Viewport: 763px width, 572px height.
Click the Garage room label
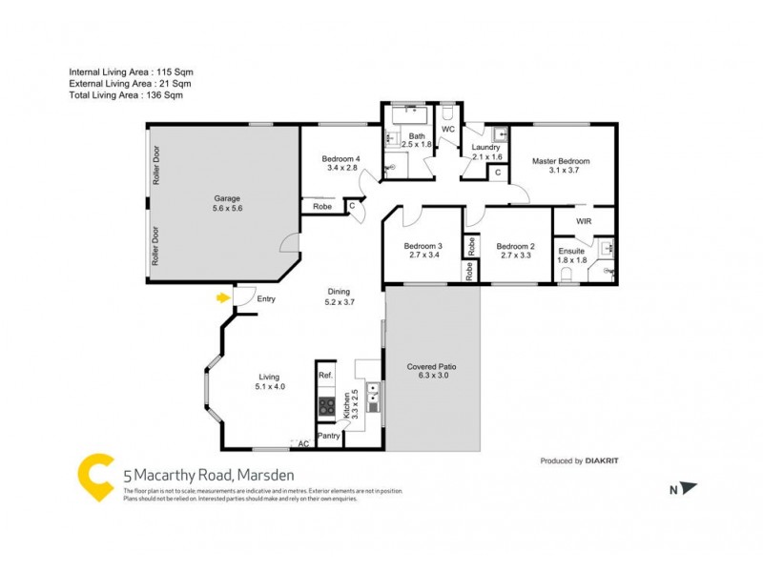[226, 199]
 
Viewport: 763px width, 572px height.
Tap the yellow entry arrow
[223, 298]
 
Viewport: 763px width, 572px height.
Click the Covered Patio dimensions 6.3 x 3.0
[434, 377]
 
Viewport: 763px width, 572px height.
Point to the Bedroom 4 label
[341, 158]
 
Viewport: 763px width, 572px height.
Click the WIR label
[585, 220]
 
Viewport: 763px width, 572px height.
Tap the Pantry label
[329, 436]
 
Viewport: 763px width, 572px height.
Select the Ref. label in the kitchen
[325, 376]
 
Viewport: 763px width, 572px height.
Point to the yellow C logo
[95, 476]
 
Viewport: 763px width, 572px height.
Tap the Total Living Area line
[126, 95]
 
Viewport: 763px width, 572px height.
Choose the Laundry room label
[486, 148]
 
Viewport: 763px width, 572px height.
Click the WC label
[447, 130]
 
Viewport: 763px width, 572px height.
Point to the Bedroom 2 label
[516, 245]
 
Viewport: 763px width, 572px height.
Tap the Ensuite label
[571, 251]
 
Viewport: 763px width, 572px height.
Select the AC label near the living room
[304, 444]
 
